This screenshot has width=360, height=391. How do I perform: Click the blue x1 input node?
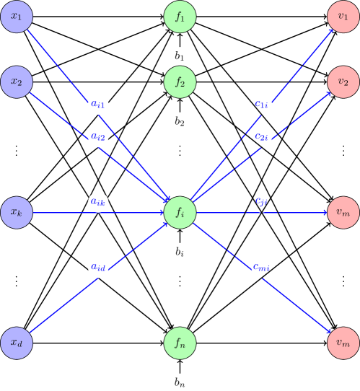pos(17,17)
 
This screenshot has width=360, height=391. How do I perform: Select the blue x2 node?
pos(17,82)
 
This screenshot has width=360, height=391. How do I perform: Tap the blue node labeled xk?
pos(17,213)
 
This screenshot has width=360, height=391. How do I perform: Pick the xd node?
pos(17,343)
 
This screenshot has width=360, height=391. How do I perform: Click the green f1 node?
pos(180,17)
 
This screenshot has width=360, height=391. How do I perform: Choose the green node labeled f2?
pos(180,82)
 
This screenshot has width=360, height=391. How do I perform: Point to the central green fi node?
pos(180,213)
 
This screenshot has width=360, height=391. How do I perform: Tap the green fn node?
pos(180,343)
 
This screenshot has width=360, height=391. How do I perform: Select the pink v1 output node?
pos(343,17)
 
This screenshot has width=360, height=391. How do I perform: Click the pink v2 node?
pos(343,82)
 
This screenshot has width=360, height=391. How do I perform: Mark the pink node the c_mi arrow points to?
pos(343,343)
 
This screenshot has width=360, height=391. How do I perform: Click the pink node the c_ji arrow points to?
pos(343,213)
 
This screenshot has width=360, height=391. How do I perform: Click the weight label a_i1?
pos(99,105)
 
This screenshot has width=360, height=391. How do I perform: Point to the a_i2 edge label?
pos(99,136)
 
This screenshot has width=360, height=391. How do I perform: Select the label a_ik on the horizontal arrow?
pos(99,202)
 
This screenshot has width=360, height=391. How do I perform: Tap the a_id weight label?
pos(99,268)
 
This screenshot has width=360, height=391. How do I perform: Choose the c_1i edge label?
pos(261,105)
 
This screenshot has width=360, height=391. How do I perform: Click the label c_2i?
pos(261,136)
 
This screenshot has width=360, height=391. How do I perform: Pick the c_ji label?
pos(261,202)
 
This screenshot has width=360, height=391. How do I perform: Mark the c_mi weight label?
pos(261,268)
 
